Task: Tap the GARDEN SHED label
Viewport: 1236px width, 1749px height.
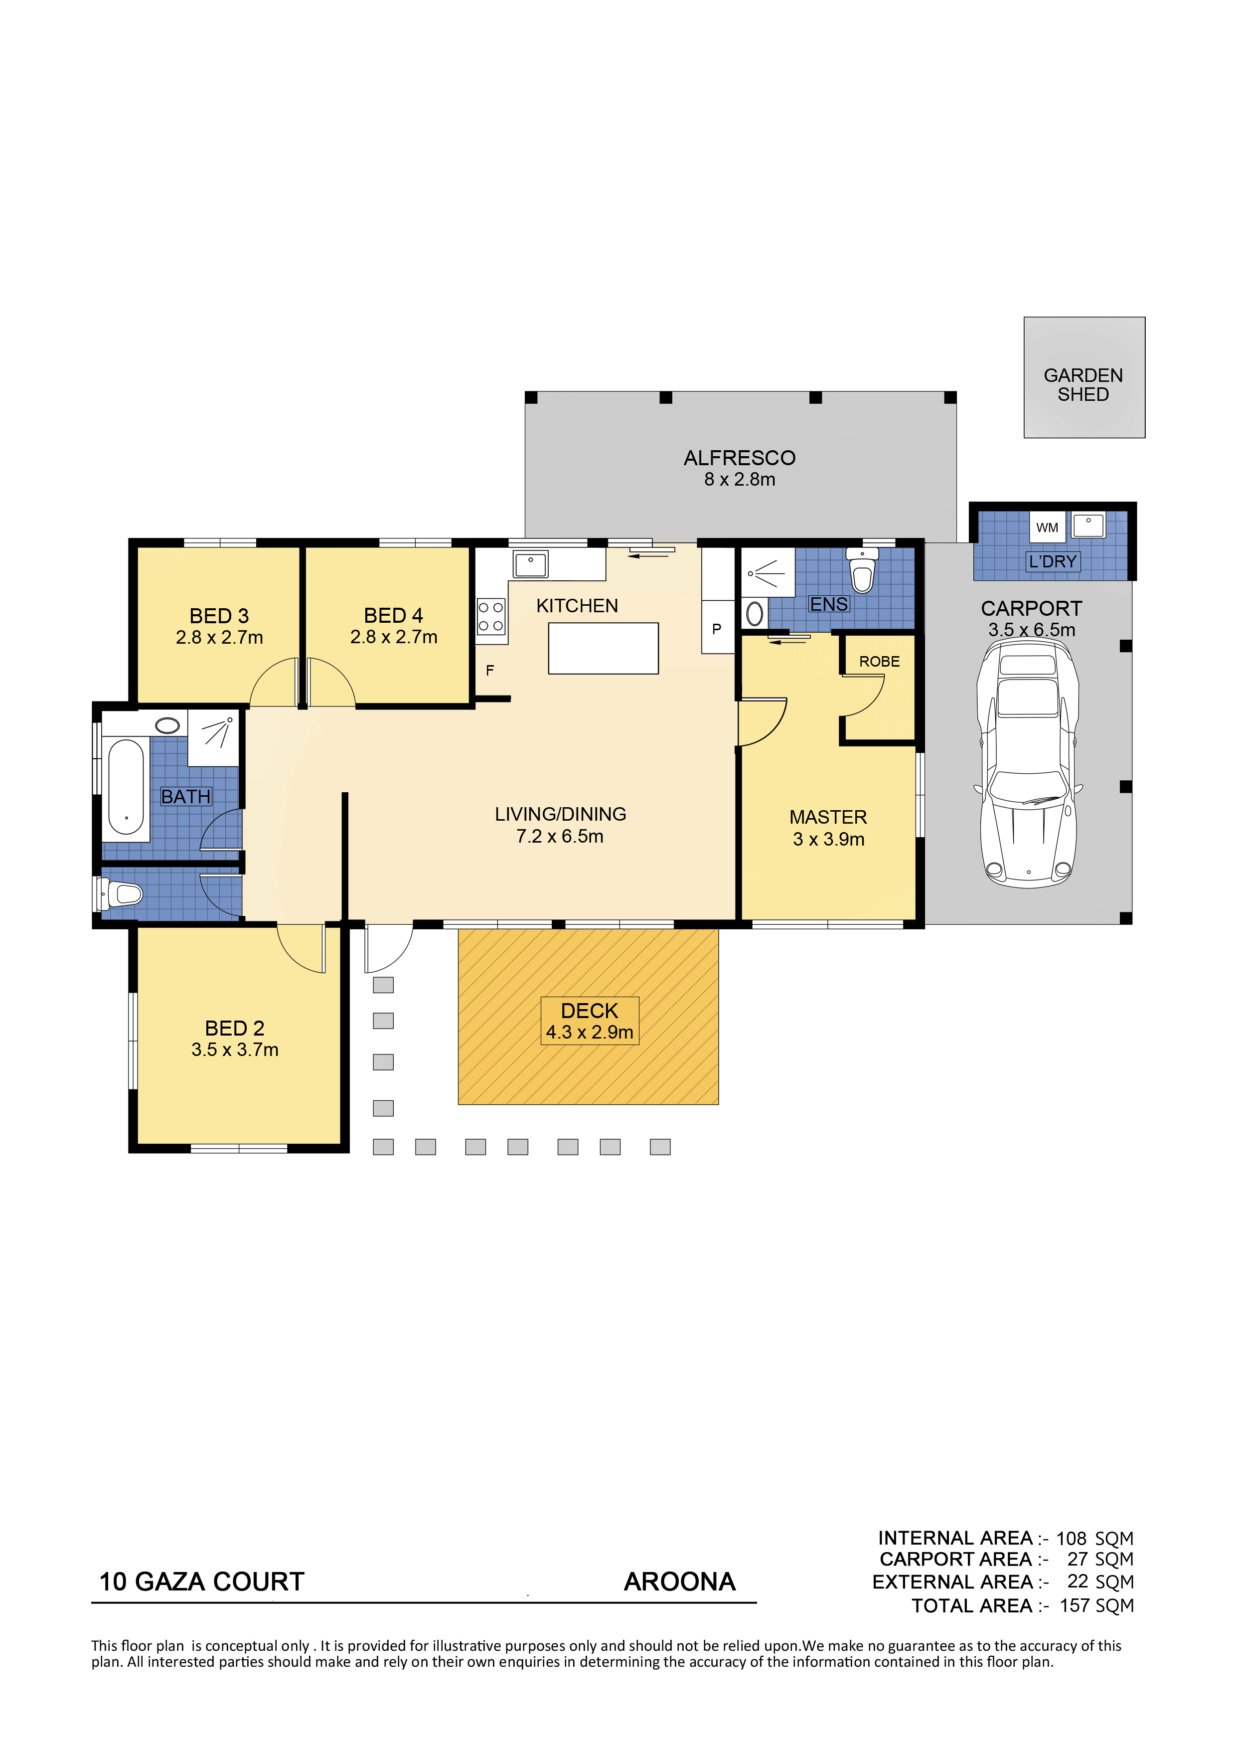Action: [x=1083, y=385]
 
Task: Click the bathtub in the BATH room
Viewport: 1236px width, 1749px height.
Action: [x=126, y=788]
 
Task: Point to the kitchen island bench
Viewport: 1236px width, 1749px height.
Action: [x=603, y=648]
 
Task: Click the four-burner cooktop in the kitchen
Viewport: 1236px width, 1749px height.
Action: [x=491, y=616]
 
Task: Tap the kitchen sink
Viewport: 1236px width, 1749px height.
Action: [x=530, y=564]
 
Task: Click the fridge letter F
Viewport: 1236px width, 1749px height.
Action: [x=490, y=671]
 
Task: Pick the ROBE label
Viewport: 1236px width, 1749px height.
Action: [x=880, y=661]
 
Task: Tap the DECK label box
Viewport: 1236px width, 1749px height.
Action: [x=590, y=1021]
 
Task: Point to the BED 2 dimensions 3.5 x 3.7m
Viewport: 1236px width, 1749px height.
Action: [x=235, y=1049]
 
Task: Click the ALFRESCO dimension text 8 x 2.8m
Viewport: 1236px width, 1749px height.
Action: [x=740, y=479]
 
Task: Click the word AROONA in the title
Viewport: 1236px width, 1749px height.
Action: [x=679, y=1581]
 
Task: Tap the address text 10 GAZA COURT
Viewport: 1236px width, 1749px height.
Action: [x=202, y=1581]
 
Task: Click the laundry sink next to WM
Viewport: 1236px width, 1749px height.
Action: [x=1089, y=525]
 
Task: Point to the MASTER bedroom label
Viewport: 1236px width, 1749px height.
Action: [x=828, y=817]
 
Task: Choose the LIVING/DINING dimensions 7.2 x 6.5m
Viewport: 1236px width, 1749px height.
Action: [x=560, y=837]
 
